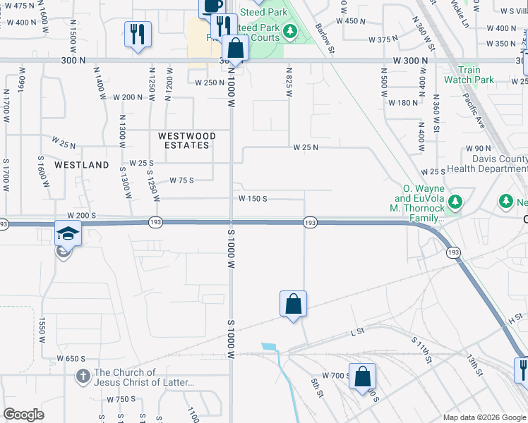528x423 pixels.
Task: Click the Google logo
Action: click(23, 415)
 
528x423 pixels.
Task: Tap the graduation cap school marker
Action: click(68, 233)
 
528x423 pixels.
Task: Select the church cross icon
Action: click(83, 377)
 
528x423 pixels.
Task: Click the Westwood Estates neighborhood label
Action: click(184, 140)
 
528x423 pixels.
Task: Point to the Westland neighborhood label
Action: click(82, 165)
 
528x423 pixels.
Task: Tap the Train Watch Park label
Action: click(469, 75)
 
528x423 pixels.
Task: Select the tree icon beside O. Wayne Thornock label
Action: click(455, 202)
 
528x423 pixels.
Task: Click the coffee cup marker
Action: click(211, 5)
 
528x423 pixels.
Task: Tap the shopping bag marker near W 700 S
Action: click(362, 376)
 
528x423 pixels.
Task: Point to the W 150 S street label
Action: click(252, 199)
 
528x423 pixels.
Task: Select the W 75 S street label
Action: click(181, 180)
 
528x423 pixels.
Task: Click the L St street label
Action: click(356, 331)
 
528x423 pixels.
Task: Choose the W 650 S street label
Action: click(71, 358)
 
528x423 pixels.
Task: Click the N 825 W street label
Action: click(289, 82)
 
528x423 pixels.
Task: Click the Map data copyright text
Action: click(484, 417)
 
